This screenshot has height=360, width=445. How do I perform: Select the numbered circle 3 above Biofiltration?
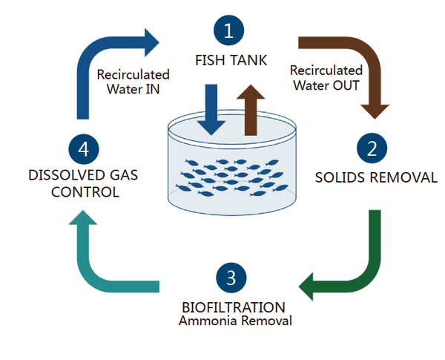pos(231,278)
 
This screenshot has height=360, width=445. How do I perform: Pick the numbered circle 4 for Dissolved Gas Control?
pos(85,148)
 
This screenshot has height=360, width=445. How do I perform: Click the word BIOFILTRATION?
pos(232,307)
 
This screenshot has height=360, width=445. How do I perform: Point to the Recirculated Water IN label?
pos(133,82)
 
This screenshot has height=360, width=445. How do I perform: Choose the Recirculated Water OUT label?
pos(326,77)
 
